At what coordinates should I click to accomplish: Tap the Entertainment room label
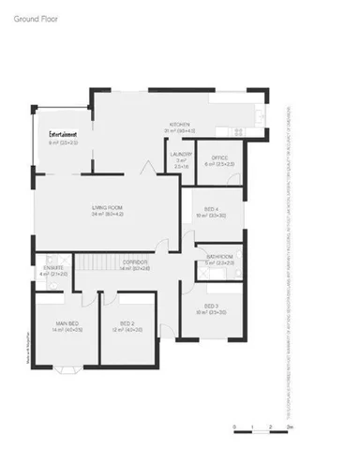click(x=63, y=135)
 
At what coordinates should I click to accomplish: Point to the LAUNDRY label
click(x=180, y=155)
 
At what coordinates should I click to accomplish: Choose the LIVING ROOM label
click(x=108, y=207)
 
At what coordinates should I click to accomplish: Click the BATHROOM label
click(x=220, y=256)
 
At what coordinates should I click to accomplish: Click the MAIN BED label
click(x=66, y=324)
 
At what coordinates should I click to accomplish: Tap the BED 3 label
click(x=212, y=306)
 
